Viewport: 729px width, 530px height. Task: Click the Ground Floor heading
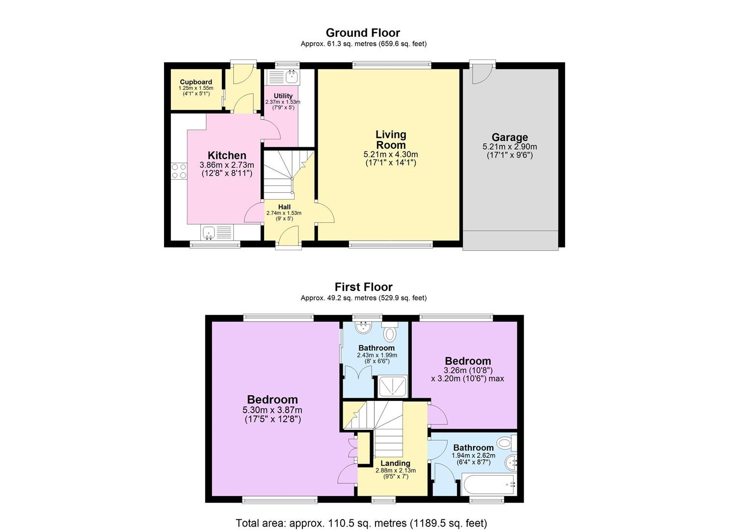[363, 33]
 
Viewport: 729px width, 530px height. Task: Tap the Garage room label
[510, 137]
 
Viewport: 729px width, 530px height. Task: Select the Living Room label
[391, 139]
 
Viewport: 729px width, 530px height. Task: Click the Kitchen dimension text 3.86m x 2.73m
[227, 165]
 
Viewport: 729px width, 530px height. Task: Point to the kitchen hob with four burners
[179, 171]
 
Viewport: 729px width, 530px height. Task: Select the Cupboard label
[196, 82]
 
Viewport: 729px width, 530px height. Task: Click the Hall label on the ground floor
[284, 207]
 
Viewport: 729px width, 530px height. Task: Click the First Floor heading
[363, 287]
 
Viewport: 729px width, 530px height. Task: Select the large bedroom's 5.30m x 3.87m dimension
[272, 410]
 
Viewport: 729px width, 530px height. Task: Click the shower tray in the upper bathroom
[393, 386]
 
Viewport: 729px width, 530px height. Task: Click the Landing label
[395, 463]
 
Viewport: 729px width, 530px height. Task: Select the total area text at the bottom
[361, 523]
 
